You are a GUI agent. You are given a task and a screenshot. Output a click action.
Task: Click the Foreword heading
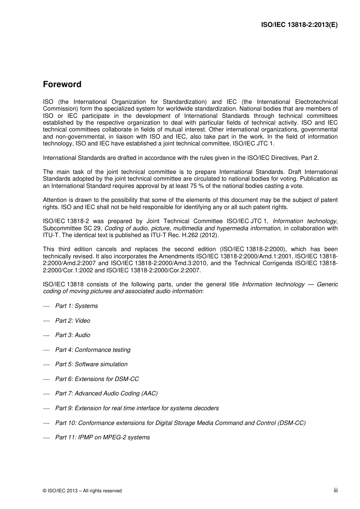(62, 84)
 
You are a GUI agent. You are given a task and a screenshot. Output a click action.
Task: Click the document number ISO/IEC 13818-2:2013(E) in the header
(299, 25)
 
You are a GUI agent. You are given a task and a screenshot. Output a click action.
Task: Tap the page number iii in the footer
(335, 490)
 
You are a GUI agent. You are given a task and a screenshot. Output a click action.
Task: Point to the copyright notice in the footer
(82, 491)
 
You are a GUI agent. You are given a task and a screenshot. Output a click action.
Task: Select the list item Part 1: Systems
(76, 306)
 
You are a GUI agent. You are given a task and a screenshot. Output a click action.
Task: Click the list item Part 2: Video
(72, 321)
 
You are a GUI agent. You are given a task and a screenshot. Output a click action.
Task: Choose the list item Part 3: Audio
(72, 335)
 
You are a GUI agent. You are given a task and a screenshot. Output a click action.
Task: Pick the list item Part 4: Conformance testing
(92, 350)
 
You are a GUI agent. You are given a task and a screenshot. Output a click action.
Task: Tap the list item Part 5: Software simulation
(91, 364)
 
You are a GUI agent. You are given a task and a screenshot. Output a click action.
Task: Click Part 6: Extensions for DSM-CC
(97, 379)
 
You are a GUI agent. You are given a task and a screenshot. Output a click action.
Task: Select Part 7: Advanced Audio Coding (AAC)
(106, 393)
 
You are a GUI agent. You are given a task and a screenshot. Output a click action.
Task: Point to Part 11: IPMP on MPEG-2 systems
(102, 437)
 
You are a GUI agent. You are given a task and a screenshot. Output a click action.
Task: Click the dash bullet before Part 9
(47, 409)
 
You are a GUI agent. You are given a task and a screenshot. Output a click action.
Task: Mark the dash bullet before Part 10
(47, 423)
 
